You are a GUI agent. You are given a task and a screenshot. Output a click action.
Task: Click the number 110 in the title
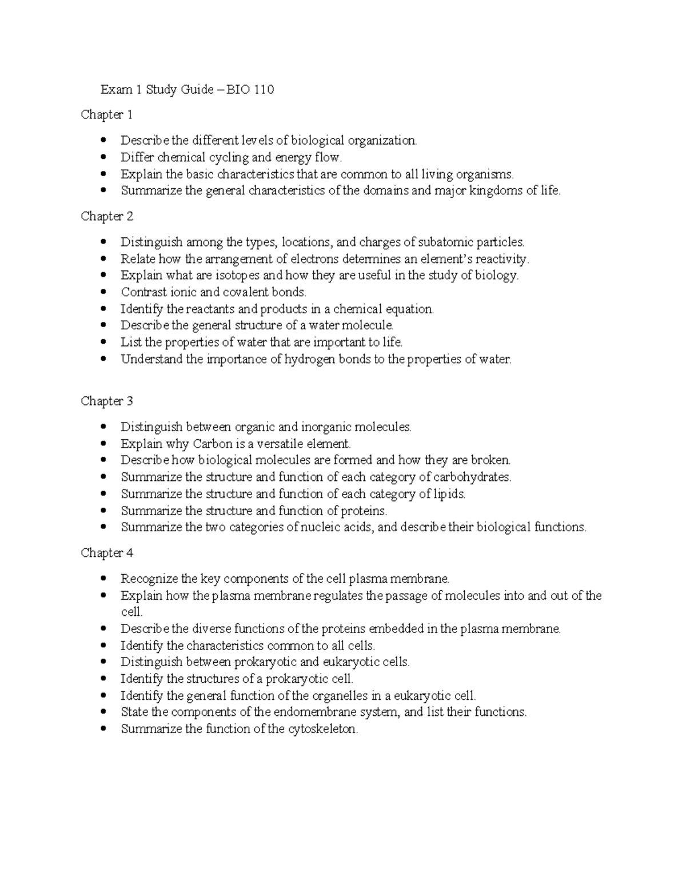[x=264, y=90]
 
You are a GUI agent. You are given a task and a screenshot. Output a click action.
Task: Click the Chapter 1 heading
[x=107, y=115]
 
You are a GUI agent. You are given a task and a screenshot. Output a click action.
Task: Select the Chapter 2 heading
[x=107, y=216]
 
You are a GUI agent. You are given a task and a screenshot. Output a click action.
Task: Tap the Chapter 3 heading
[x=107, y=401]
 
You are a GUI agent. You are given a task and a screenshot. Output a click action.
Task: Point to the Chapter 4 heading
[x=107, y=553]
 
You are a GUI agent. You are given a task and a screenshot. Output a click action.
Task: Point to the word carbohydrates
[x=472, y=477]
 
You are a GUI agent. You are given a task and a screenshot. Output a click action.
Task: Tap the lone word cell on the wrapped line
[x=131, y=612]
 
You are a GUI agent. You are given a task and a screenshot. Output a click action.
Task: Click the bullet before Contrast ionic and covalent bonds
[x=103, y=292]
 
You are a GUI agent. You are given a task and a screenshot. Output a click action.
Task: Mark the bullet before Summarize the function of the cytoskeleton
[x=103, y=729]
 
